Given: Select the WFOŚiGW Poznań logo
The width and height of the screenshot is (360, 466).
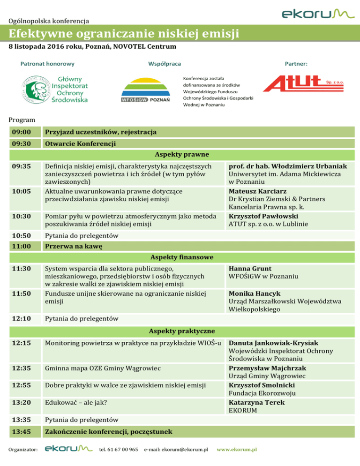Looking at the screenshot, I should [145, 91].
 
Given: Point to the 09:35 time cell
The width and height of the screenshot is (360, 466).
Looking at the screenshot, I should [22, 166].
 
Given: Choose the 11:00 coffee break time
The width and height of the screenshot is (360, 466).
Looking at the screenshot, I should [22, 246].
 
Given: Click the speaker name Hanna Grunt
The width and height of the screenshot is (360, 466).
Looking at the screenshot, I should [249, 268].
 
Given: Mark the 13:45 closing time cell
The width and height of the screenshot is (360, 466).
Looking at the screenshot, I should [22, 430].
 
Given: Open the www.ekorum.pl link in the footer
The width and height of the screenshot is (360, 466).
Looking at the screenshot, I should [236, 450].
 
